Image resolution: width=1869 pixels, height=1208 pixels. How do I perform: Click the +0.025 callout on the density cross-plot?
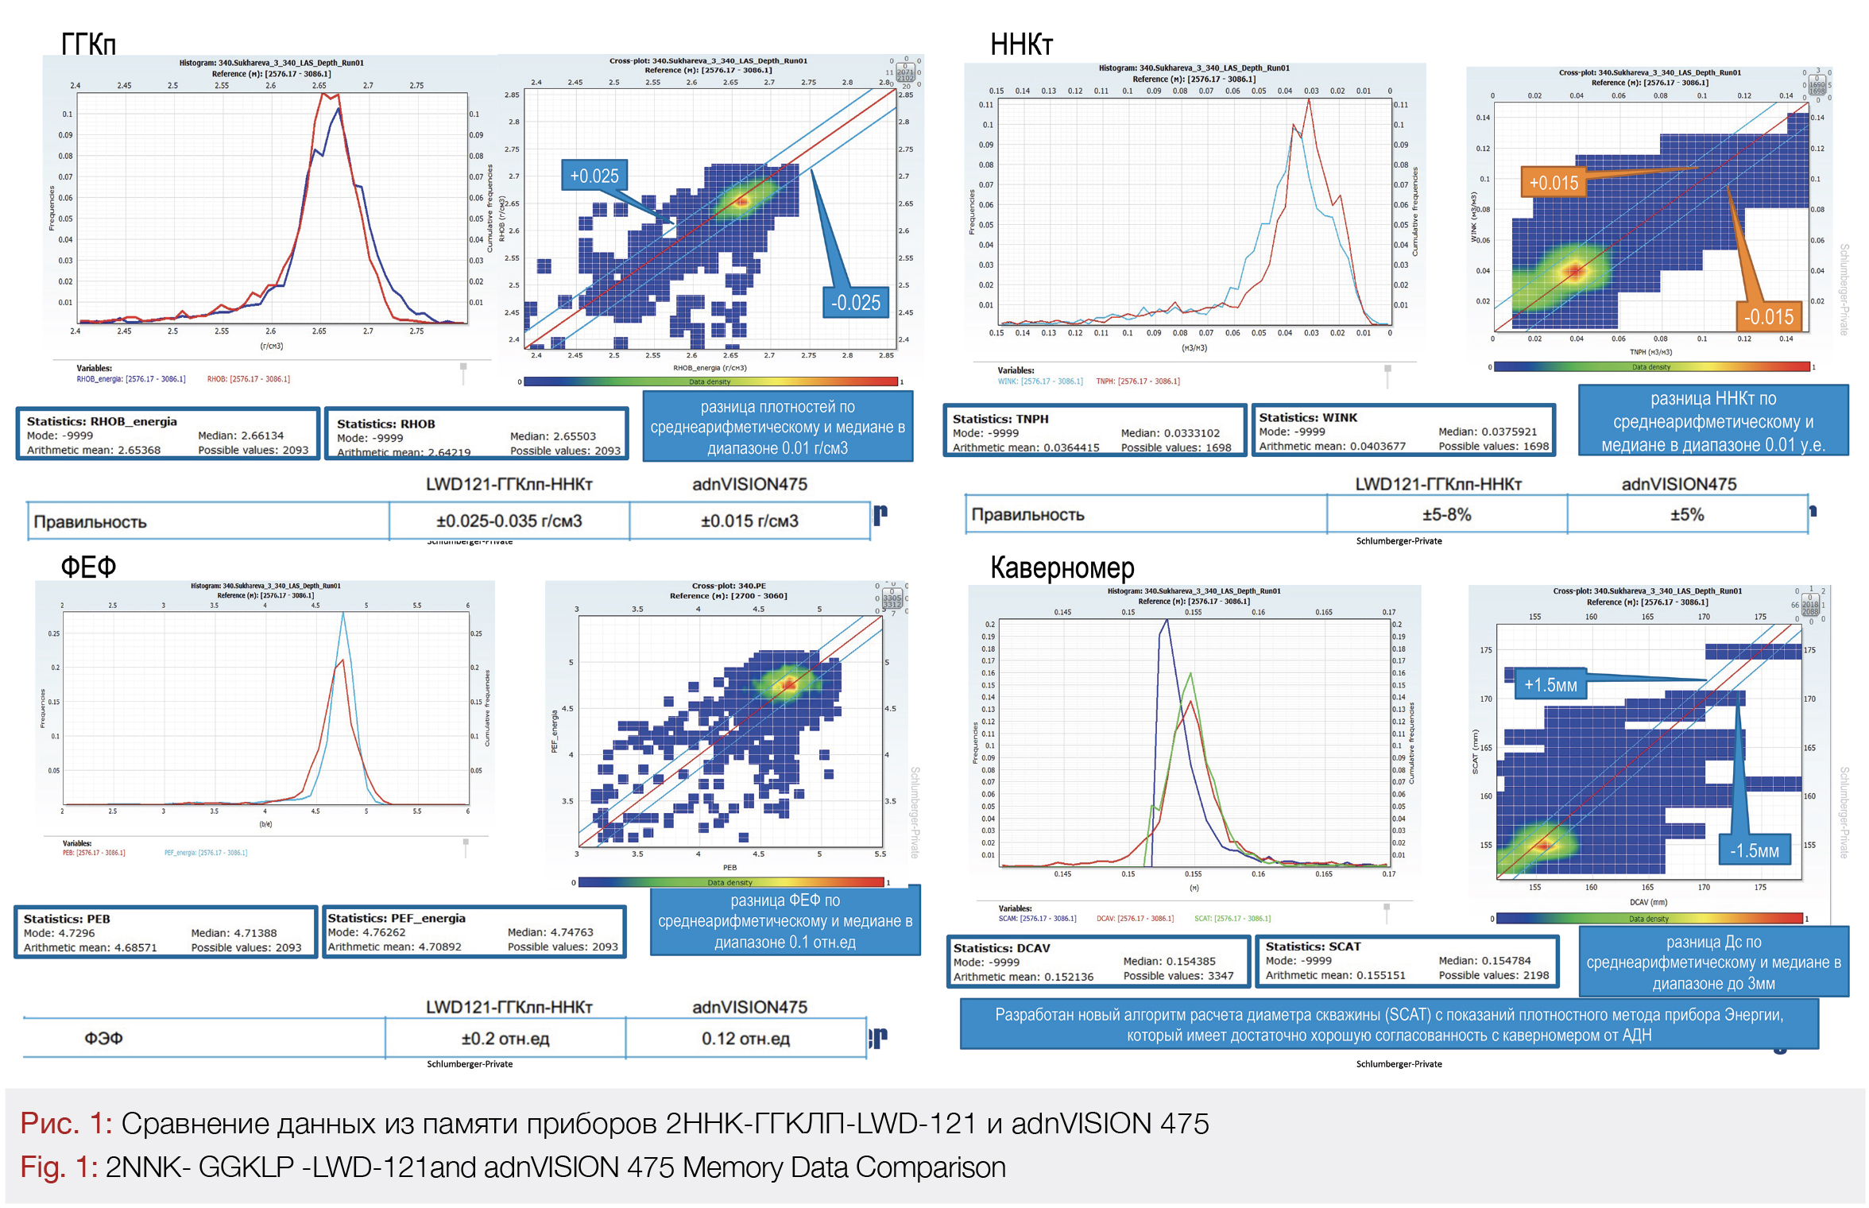594,176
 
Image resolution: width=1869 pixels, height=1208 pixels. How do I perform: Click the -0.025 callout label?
855,303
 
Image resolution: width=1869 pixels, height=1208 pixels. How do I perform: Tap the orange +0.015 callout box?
1554,183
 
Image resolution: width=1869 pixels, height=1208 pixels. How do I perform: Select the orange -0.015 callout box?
1768,317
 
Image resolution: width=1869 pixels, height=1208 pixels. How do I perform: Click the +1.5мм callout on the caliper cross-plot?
1550,685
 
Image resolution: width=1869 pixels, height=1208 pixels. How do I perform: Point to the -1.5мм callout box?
1754,850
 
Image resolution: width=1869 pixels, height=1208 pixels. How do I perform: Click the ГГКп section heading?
88,45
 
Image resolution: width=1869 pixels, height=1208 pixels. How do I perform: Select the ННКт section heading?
1021,45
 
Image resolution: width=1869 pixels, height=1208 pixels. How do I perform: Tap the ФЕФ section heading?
88,567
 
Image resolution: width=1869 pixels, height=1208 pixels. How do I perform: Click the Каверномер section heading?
1062,567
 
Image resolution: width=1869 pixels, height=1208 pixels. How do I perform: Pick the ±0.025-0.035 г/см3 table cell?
509,521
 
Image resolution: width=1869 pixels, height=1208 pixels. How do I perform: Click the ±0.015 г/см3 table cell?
749,521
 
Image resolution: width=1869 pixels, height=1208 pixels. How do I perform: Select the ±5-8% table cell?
1446,514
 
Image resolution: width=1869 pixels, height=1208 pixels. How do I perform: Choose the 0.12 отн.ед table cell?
745,1038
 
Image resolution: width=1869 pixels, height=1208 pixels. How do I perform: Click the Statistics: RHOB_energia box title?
102,421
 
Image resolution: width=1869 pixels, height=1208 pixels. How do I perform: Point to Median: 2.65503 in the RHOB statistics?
552,436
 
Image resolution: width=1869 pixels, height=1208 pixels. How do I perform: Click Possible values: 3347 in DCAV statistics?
1178,976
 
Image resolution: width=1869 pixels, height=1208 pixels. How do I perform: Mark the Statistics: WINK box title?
1308,417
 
